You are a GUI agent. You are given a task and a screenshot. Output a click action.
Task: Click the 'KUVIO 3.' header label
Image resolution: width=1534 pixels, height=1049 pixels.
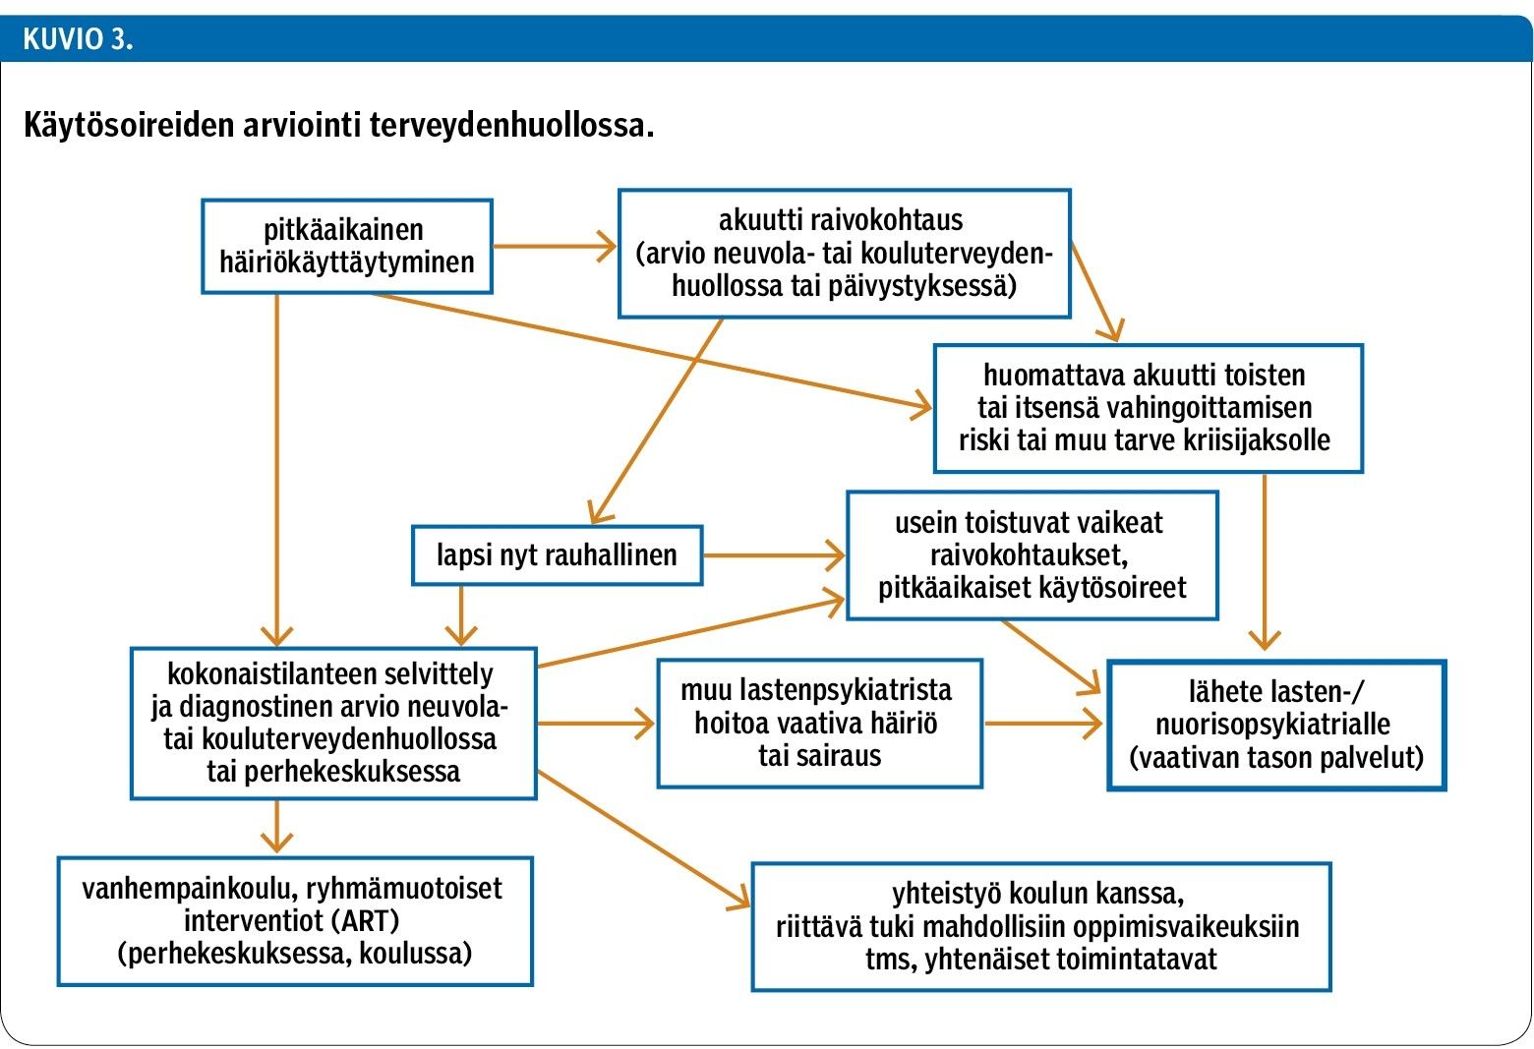tap(78, 39)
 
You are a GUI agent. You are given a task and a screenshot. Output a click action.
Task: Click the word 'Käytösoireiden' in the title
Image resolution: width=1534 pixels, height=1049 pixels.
tap(129, 125)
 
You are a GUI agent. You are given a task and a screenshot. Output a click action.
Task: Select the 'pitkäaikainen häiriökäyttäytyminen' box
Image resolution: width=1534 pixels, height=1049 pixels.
tap(347, 247)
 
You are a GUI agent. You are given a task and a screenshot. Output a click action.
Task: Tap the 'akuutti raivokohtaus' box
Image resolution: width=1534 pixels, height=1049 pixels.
tap(845, 254)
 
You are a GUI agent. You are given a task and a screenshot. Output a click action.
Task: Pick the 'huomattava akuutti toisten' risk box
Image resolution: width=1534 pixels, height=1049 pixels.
tap(1149, 408)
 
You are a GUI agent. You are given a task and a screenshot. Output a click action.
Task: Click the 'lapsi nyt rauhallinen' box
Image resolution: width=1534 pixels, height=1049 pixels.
tap(557, 555)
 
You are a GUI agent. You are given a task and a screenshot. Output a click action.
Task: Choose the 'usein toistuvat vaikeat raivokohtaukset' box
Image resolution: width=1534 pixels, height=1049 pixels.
tap(1032, 555)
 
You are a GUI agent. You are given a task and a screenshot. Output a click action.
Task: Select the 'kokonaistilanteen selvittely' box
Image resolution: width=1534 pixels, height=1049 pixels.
tap(333, 723)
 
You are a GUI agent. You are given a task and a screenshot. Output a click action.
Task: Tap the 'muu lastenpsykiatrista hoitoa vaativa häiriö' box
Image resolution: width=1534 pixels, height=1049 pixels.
tap(820, 723)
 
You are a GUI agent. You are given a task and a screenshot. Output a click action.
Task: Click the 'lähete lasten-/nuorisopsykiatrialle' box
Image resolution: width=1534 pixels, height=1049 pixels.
tap(1276, 726)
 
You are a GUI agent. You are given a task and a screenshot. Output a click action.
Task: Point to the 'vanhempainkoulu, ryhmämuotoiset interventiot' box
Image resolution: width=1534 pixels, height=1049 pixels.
tap(295, 921)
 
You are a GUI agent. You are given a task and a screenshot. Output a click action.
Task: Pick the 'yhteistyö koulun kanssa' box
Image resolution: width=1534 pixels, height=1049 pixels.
tap(1041, 926)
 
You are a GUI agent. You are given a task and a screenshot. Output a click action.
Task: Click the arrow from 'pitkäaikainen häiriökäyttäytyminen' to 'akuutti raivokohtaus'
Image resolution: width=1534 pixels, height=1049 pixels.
tap(555, 246)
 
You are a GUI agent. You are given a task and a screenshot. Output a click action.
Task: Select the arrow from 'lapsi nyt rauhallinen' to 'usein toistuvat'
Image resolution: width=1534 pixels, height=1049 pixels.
tap(774, 555)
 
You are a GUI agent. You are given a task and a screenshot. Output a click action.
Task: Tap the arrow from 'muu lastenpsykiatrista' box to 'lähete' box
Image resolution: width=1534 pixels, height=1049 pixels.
tap(1043, 723)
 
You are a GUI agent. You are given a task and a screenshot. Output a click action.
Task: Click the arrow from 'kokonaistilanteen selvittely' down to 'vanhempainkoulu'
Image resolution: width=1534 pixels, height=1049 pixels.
tap(276, 827)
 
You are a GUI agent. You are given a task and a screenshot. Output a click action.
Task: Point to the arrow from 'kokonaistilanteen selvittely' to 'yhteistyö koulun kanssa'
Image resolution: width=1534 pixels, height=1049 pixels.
tap(644, 841)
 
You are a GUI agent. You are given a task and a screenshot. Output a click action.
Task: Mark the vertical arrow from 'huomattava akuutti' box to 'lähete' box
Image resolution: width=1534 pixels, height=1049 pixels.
tap(1265, 561)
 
